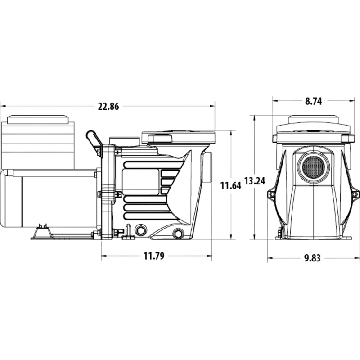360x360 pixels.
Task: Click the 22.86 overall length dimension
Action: click(108, 107)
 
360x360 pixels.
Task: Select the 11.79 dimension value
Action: click(154, 256)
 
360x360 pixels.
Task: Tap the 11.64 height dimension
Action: click(231, 185)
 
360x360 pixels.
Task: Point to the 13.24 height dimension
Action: click(254, 181)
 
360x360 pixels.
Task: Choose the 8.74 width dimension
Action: click(313, 101)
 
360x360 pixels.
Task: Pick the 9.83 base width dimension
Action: click(312, 258)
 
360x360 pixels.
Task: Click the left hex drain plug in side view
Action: click(140, 230)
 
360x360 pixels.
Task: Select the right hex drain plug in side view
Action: click(178, 234)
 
